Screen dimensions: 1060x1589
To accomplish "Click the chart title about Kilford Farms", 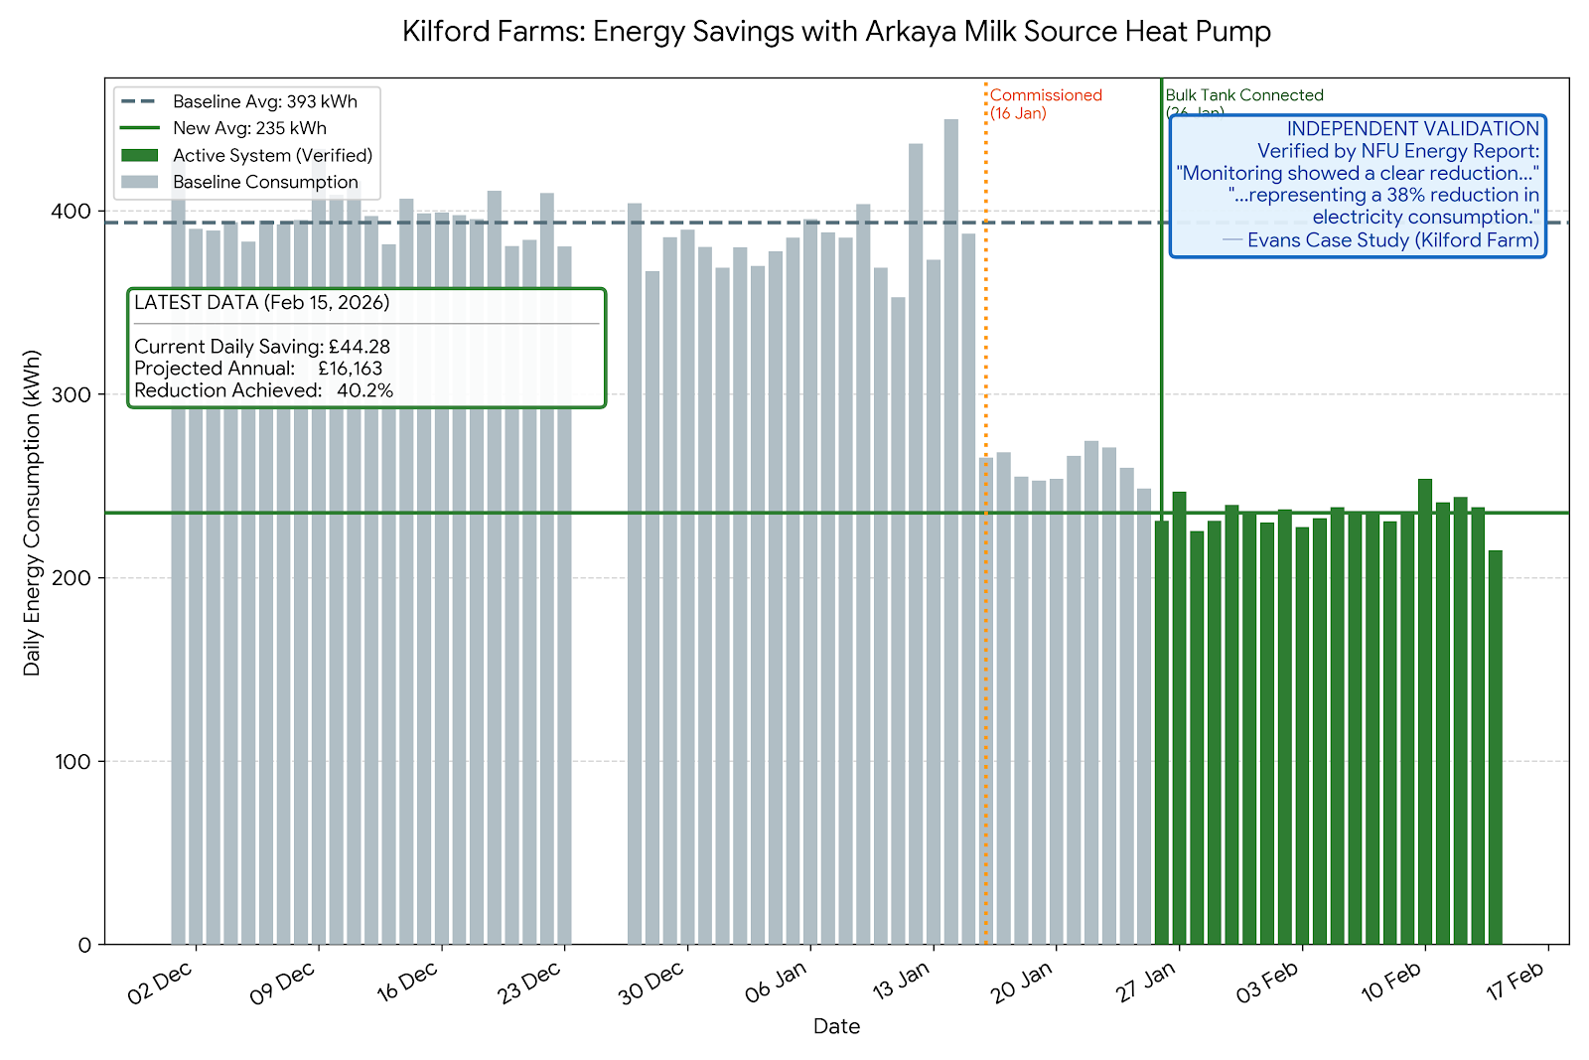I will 836,32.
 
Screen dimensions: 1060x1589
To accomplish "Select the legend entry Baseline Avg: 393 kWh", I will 264,101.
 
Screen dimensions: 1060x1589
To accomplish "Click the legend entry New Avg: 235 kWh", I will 249,128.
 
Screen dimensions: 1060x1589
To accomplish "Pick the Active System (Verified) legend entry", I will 272,155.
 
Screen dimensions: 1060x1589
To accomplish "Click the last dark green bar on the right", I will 1495,745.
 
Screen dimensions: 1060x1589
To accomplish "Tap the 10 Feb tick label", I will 1391,984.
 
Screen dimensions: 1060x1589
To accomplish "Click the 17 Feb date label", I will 1516,984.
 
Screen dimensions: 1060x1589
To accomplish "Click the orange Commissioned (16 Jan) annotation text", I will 1046,103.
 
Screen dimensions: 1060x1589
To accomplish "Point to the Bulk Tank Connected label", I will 1244,95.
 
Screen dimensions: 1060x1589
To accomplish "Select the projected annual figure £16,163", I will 350,369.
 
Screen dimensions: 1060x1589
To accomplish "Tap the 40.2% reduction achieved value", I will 364,390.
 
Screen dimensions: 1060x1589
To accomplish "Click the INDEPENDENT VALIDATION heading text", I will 1412,129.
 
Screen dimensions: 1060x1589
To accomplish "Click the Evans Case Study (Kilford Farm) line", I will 1392,240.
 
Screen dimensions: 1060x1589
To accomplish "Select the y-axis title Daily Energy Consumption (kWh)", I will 33,513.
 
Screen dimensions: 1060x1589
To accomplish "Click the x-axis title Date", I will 836,1026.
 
